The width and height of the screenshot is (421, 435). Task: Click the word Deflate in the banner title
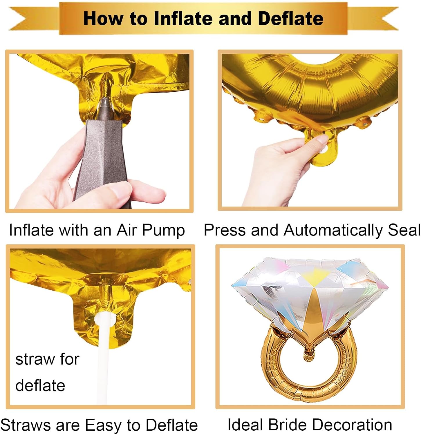pos(290,19)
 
